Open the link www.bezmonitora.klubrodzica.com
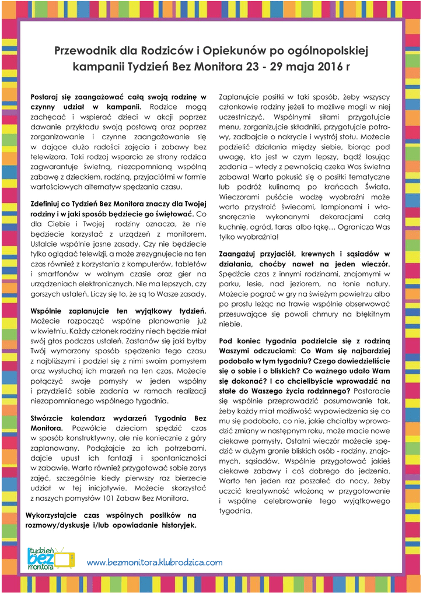click(155, 563)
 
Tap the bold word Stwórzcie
click(49, 419)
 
